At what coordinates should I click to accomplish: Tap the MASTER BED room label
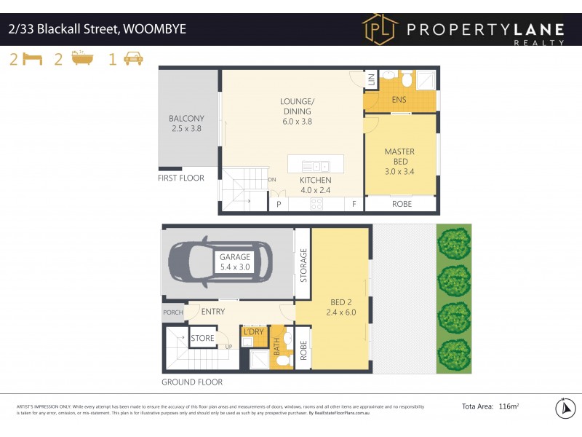pos(400,157)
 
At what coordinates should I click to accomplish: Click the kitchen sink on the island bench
pos(316,166)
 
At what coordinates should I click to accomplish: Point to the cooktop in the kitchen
pos(316,204)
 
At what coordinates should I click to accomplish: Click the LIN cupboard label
pos(370,79)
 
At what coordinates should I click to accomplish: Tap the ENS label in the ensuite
pos(399,100)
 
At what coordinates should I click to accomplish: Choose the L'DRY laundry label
pos(253,332)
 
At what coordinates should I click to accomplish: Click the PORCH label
pos(173,313)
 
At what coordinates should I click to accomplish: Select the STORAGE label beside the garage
pos(303,265)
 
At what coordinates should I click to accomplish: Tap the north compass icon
pos(565,409)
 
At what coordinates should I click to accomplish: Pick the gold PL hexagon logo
pos(380,29)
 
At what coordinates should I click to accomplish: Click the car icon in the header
pos(133,59)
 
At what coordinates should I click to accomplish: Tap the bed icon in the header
pos(32,59)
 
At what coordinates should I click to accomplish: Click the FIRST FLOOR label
pos(181,178)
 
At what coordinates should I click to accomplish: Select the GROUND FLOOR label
pos(192,382)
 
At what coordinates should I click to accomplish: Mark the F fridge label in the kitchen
pos(354,205)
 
